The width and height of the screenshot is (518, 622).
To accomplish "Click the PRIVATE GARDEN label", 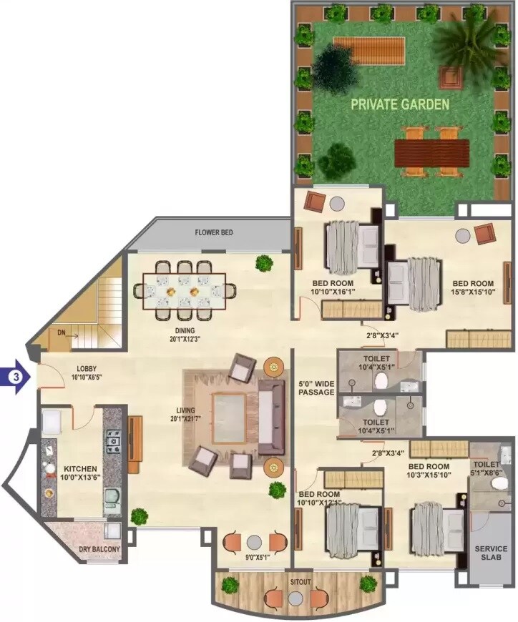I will click(x=399, y=104).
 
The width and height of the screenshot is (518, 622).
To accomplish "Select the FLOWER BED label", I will click(x=214, y=233).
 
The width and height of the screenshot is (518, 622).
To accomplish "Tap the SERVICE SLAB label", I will click(x=491, y=554).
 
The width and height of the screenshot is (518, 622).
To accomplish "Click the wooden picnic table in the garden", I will click(x=431, y=152).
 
